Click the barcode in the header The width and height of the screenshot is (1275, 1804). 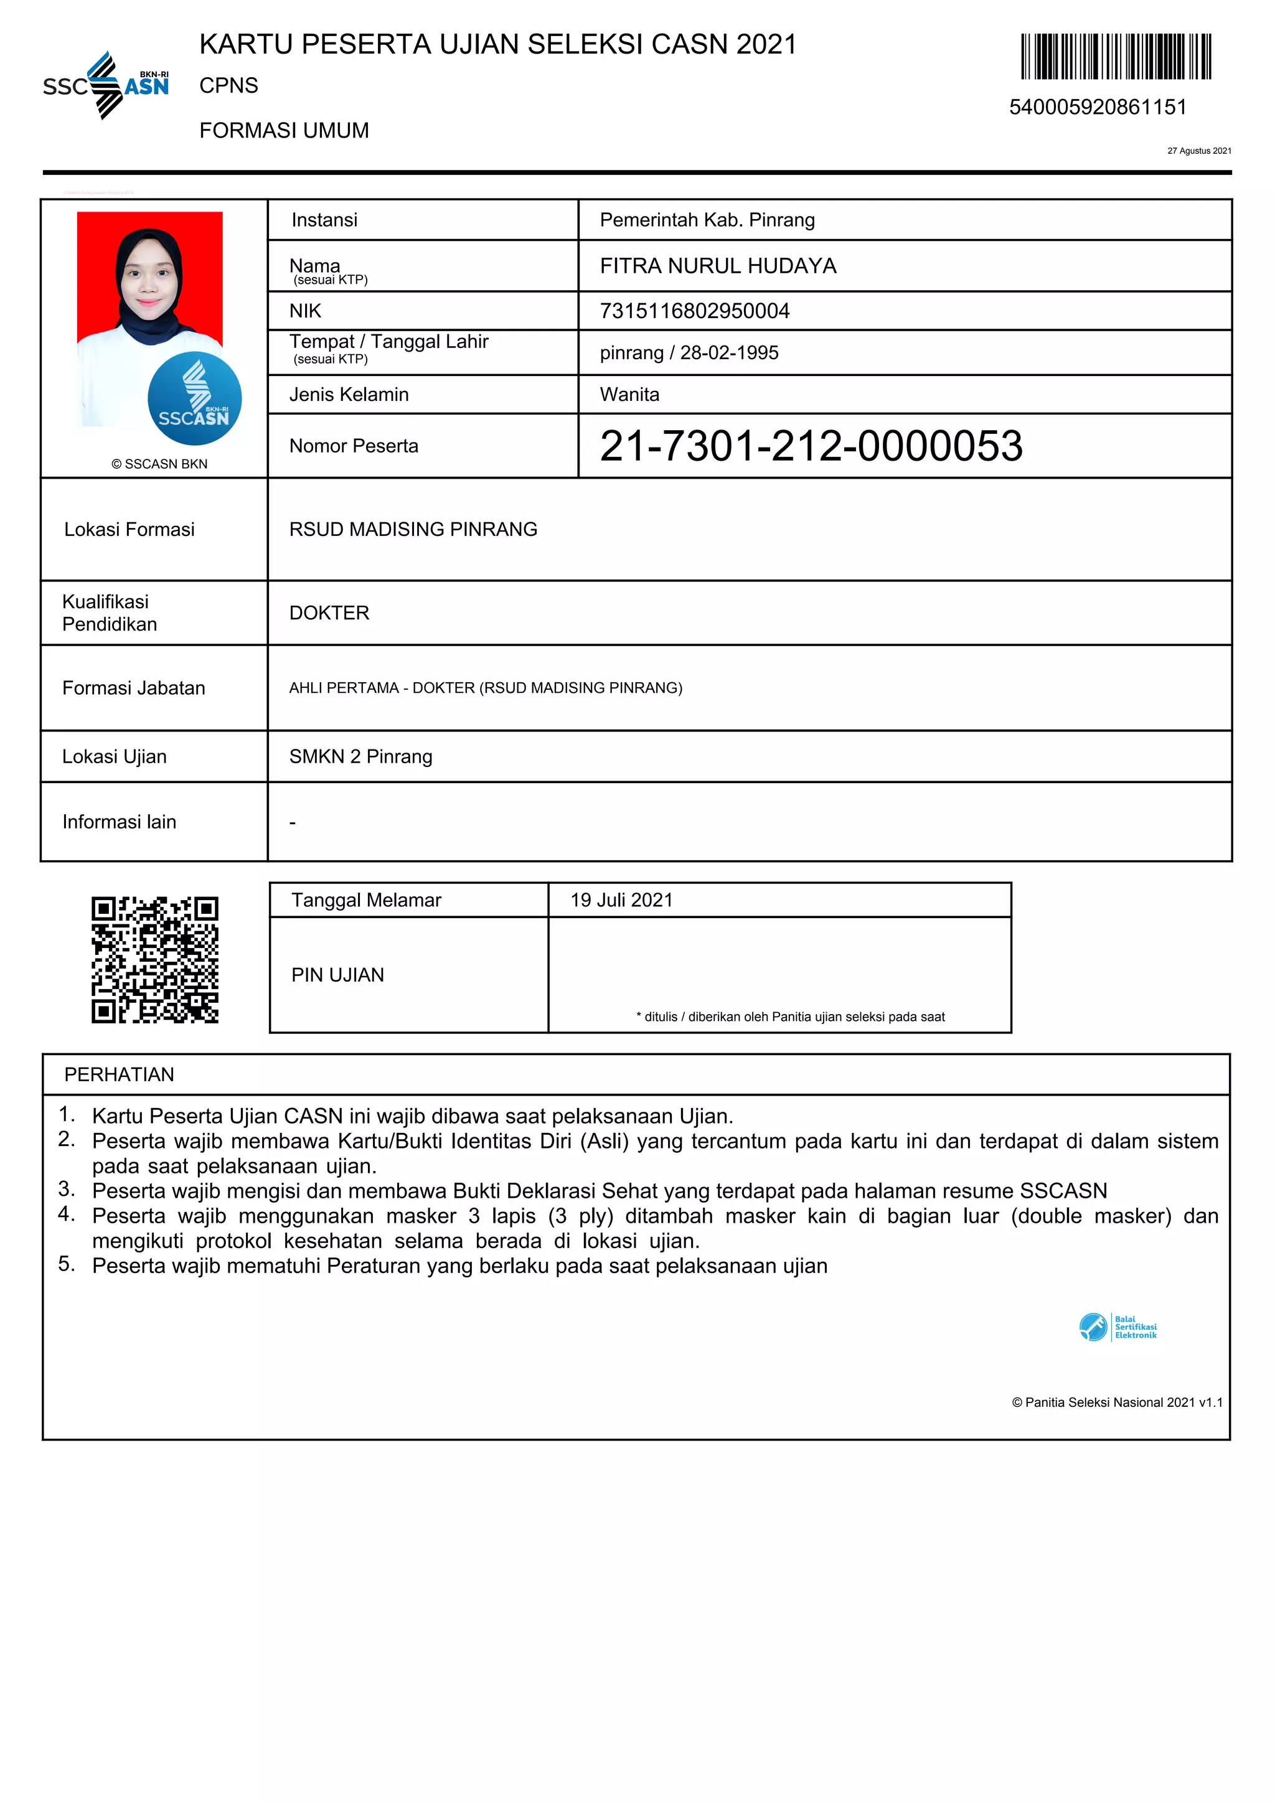(x=1116, y=57)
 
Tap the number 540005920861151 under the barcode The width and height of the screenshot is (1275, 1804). (x=1098, y=107)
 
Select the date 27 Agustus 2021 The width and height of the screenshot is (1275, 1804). (x=1199, y=151)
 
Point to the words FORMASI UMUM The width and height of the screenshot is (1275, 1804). (x=284, y=131)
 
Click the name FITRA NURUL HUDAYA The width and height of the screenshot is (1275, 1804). (x=718, y=266)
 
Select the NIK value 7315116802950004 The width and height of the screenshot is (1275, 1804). (x=694, y=311)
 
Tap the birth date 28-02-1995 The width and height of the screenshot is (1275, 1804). (x=729, y=353)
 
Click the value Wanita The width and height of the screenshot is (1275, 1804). (x=629, y=395)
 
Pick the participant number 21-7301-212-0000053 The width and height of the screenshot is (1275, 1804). (x=811, y=446)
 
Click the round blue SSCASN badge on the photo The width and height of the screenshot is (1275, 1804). (x=194, y=399)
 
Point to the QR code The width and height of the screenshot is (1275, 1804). (x=155, y=959)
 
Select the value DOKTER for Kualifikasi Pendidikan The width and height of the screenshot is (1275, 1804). (x=329, y=613)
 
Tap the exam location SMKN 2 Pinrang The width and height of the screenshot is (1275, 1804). (x=360, y=756)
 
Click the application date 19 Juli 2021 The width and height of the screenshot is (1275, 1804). (x=621, y=900)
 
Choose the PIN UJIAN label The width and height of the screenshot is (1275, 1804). (x=338, y=975)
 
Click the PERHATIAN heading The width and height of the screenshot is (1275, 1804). (x=120, y=1075)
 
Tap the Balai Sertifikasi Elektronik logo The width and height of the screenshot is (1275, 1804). (x=1117, y=1327)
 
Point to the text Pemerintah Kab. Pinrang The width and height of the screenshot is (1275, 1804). (x=707, y=220)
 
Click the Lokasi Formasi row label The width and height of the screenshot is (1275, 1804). (x=129, y=530)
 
